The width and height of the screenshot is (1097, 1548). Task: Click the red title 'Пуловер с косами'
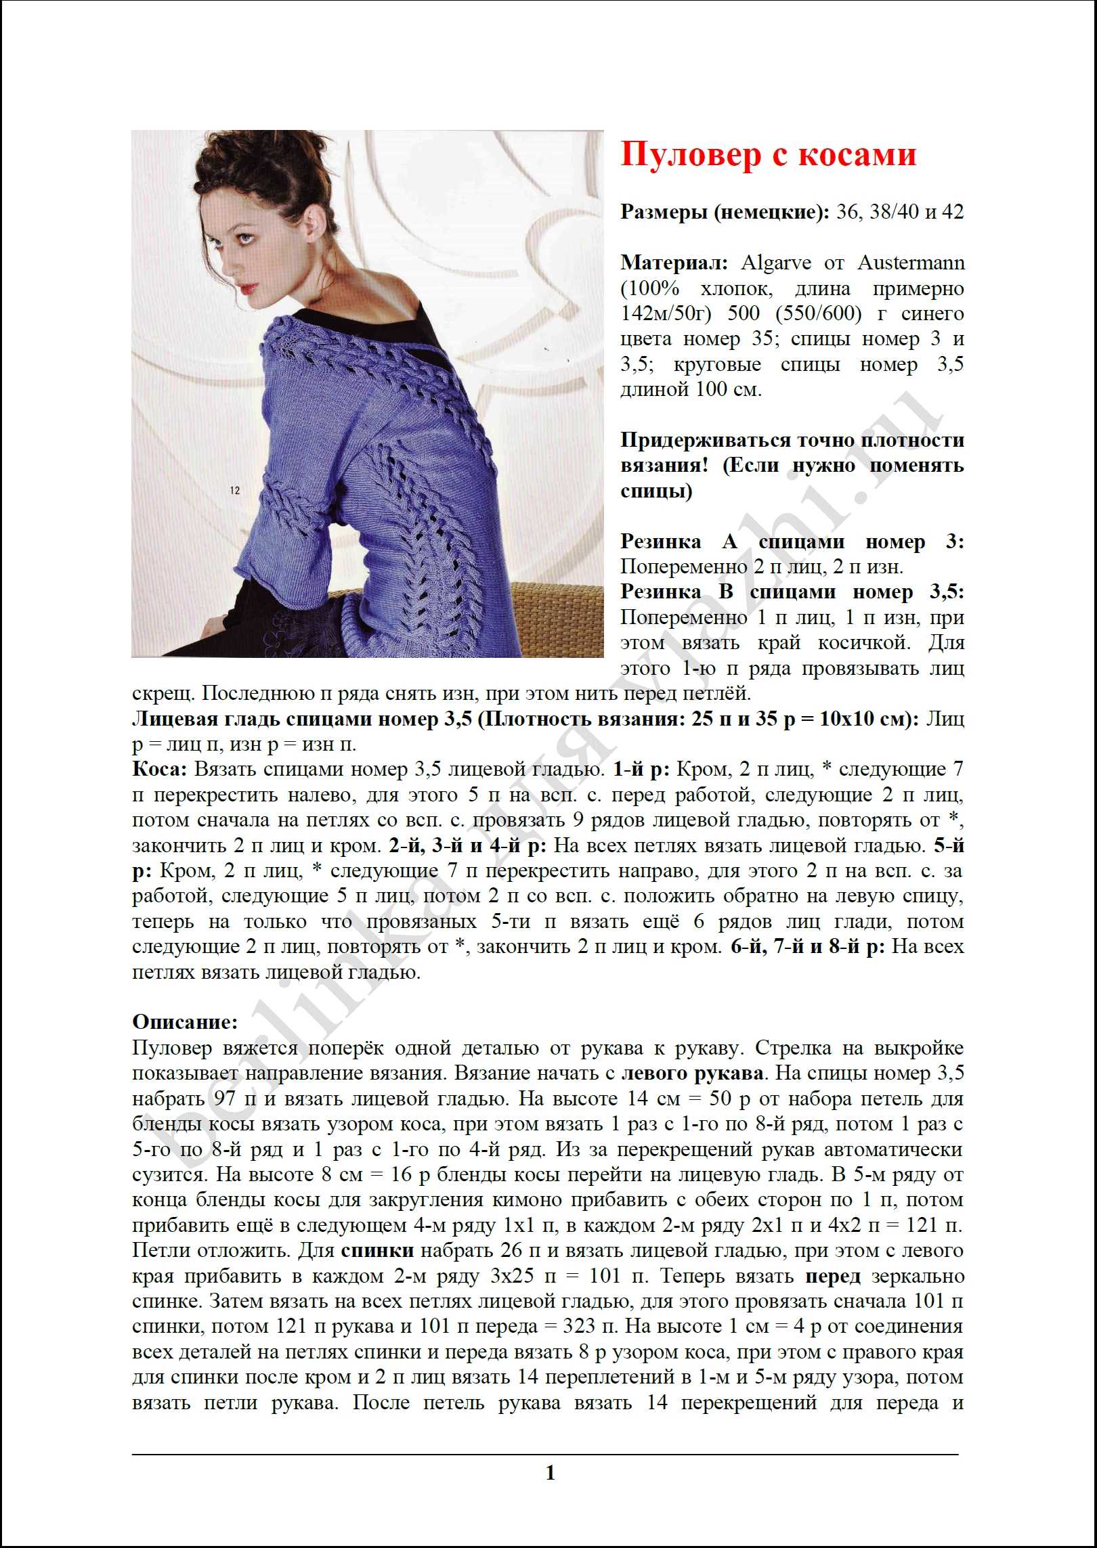(x=768, y=154)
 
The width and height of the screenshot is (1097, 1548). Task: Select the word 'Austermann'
(x=911, y=263)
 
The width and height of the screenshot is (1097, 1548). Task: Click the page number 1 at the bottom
(x=550, y=1472)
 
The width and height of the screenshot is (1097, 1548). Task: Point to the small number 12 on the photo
(x=234, y=490)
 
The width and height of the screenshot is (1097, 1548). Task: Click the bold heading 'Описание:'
(x=185, y=1022)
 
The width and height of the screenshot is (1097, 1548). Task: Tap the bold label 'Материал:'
(x=674, y=263)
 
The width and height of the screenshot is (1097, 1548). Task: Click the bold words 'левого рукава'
(x=693, y=1074)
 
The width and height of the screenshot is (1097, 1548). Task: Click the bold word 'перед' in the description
(x=833, y=1277)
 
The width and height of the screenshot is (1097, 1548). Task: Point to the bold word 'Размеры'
(x=664, y=212)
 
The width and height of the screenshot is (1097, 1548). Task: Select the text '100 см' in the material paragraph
(x=727, y=389)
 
